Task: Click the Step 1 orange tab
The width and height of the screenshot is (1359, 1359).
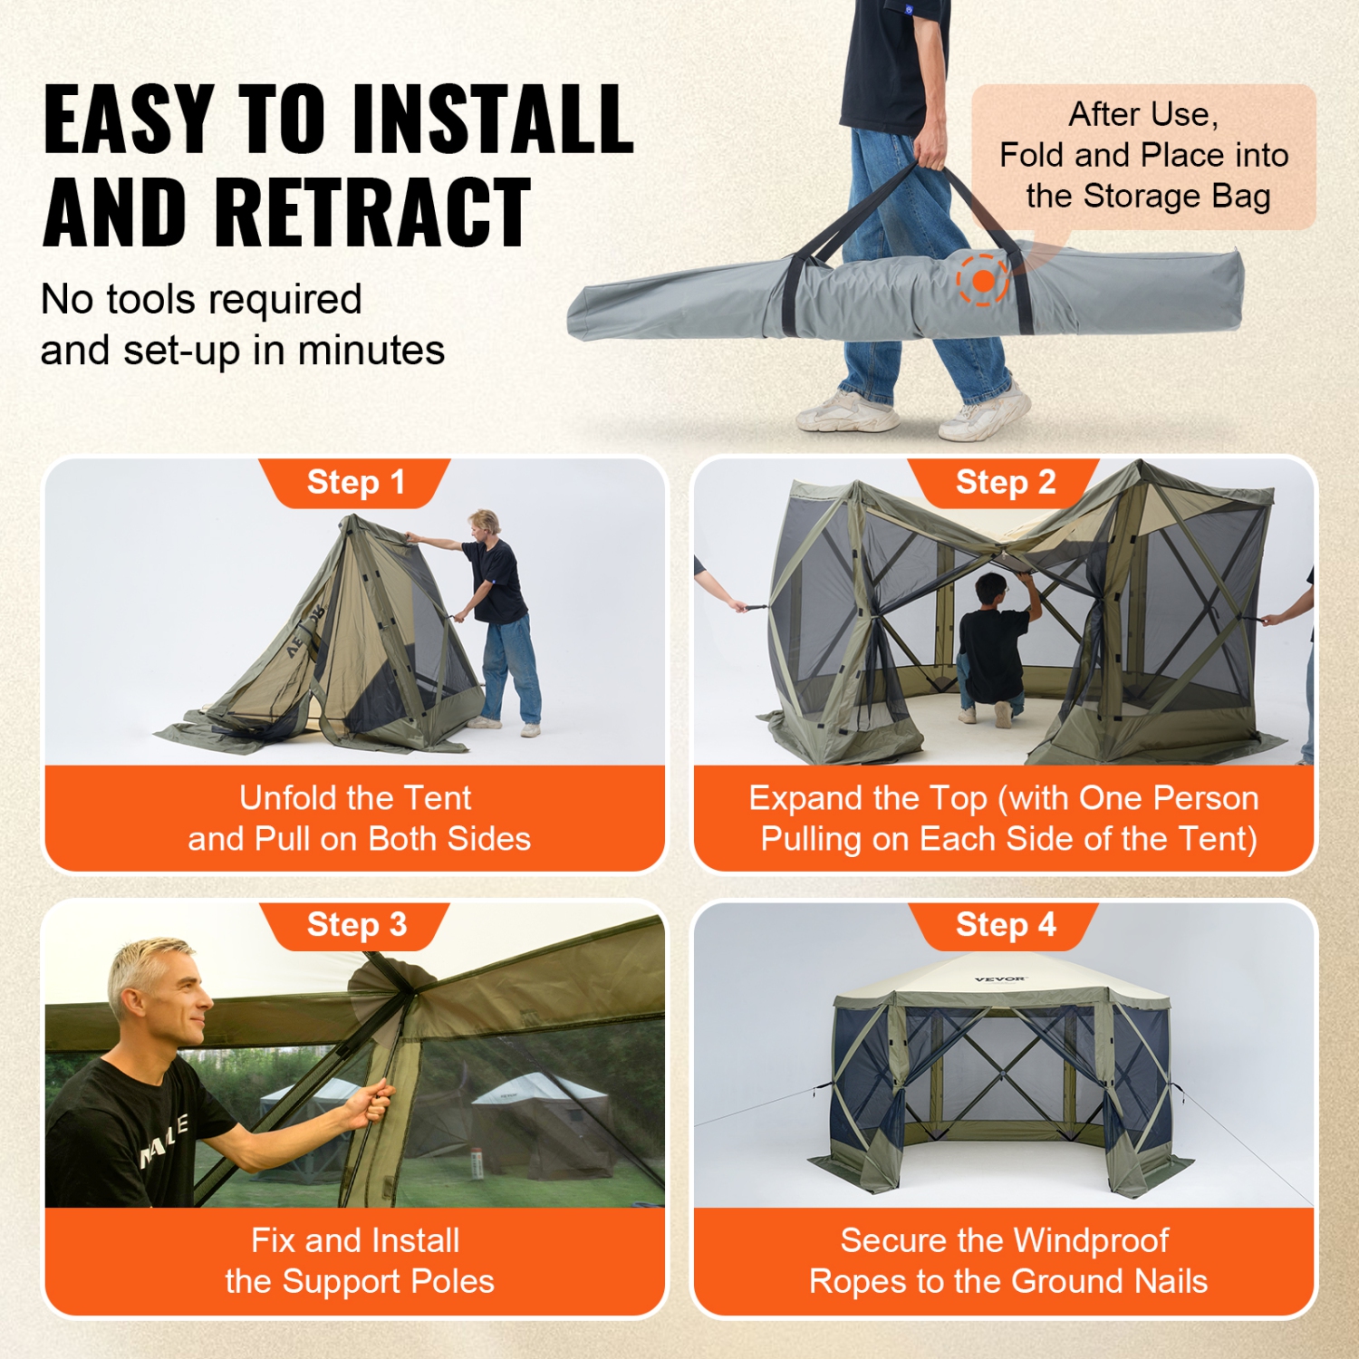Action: pyautogui.click(x=355, y=483)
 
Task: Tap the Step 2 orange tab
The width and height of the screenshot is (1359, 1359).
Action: pyautogui.click(x=1005, y=483)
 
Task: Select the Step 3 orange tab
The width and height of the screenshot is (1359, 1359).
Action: pyautogui.click(x=355, y=925)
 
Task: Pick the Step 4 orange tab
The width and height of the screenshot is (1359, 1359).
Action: pyautogui.click(x=1005, y=925)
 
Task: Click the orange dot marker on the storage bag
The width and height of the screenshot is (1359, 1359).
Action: pyautogui.click(x=983, y=281)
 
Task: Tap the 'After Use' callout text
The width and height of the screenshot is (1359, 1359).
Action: pyautogui.click(x=1143, y=115)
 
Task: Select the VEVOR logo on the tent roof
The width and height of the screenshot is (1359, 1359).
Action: pyautogui.click(x=1000, y=979)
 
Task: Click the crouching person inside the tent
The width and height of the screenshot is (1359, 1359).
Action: pyautogui.click(x=994, y=648)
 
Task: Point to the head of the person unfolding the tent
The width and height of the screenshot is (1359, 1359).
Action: pyautogui.click(x=485, y=524)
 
